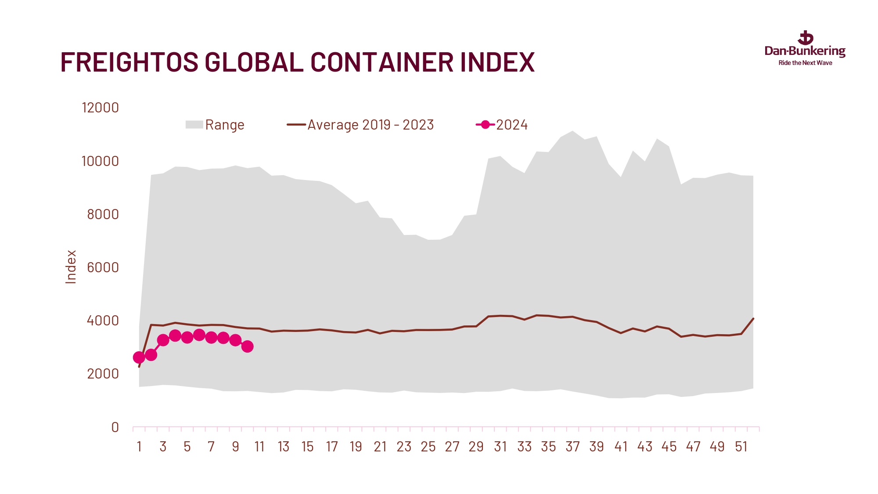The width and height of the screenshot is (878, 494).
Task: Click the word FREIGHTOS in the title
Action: [x=129, y=62]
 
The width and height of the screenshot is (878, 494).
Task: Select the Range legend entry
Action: [x=215, y=125]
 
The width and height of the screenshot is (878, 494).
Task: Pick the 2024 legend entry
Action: [x=502, y=125]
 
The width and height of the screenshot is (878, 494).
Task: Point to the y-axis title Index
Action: [x=71, y=267]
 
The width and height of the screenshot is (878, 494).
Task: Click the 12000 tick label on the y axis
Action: [x=100, y=108]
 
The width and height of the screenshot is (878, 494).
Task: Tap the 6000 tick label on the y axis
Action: [x=103, y=267]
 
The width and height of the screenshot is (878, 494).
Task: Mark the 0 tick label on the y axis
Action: [x=115, y=427]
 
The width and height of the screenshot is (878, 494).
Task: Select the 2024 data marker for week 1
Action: [x=139, y=357]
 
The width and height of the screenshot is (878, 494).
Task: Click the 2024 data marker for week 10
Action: [x=247, y=346]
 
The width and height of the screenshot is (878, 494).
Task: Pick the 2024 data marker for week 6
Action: [x=199, y=335]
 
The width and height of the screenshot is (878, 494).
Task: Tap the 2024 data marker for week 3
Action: [x=163, y=340]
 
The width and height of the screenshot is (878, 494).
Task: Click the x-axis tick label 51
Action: [x=741, y=447]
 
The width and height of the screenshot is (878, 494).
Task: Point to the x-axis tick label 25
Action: [x=428, y=447]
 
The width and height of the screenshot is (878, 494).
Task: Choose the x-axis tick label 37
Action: [x=572, y=447]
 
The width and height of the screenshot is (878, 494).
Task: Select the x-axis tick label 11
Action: [x=259, y=447]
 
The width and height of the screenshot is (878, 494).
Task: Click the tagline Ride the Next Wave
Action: [x=805, y=63]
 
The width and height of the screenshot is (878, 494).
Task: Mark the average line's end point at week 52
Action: [x=753, y=318]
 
